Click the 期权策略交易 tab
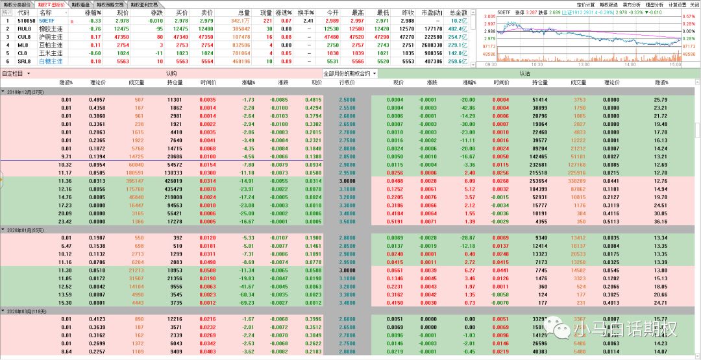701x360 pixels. tap(111, 5)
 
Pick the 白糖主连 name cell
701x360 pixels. tap(51, 61)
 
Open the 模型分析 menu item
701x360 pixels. tap(655, 5)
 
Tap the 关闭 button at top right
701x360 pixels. tap(694, 5)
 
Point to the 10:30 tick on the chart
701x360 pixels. tap(537, 65)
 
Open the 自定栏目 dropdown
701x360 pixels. tap(16, 73)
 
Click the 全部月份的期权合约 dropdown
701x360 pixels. tap(349, 73)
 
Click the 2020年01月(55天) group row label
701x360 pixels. tap(25, 230)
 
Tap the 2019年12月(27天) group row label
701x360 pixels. tap(25, 92)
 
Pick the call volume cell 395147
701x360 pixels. tap(135, 182)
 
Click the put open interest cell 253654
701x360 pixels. tap(539, 182)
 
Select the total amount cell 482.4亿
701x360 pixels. tap(458, 29)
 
